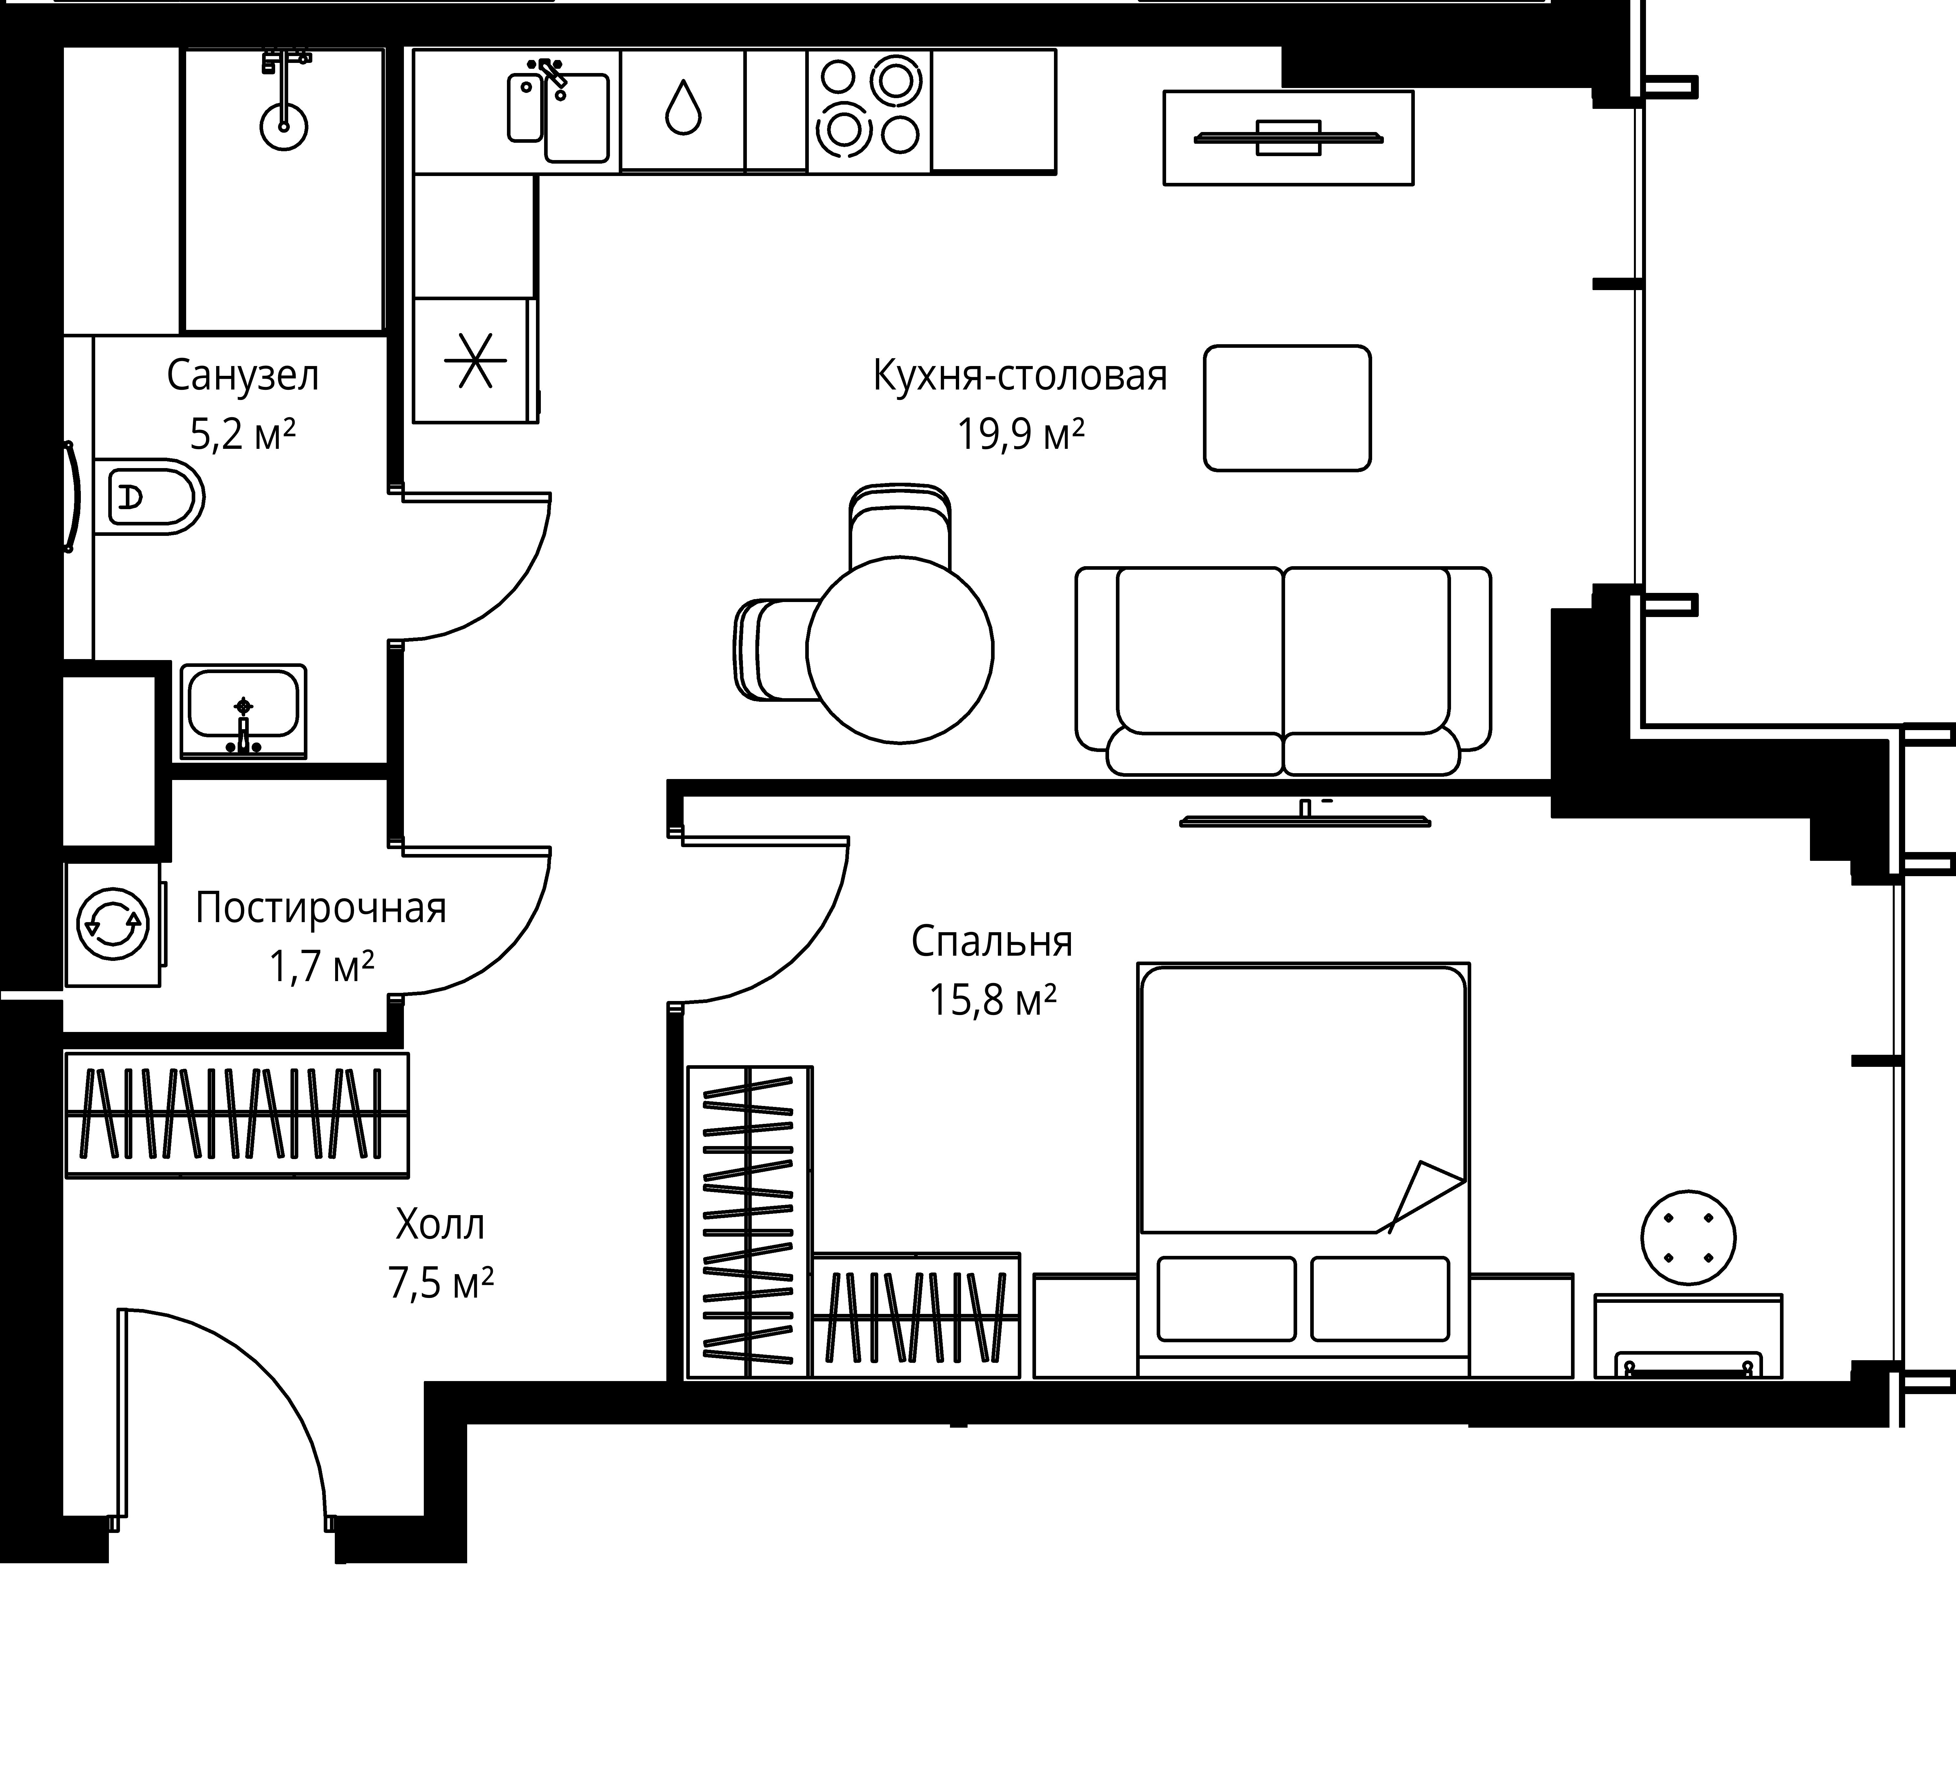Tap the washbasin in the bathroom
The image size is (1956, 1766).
tap(244, 711)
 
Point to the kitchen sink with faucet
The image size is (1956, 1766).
tap(559, 111)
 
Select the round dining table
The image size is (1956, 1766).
tap(899, 649)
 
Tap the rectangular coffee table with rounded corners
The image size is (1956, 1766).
tap(1287, 408)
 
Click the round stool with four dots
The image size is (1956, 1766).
tap(1688, 1238)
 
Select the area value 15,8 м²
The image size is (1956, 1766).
tap(993, 999)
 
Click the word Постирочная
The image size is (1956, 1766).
tap(321, 908)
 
